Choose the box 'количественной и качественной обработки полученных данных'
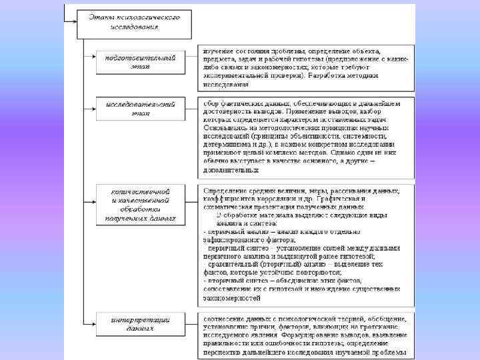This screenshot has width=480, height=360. click(141, 205)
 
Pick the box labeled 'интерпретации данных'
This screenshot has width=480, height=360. click(141, 323)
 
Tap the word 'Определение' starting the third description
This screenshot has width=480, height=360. click(225, 191)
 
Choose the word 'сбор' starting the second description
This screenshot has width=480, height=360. click(211, 103)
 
